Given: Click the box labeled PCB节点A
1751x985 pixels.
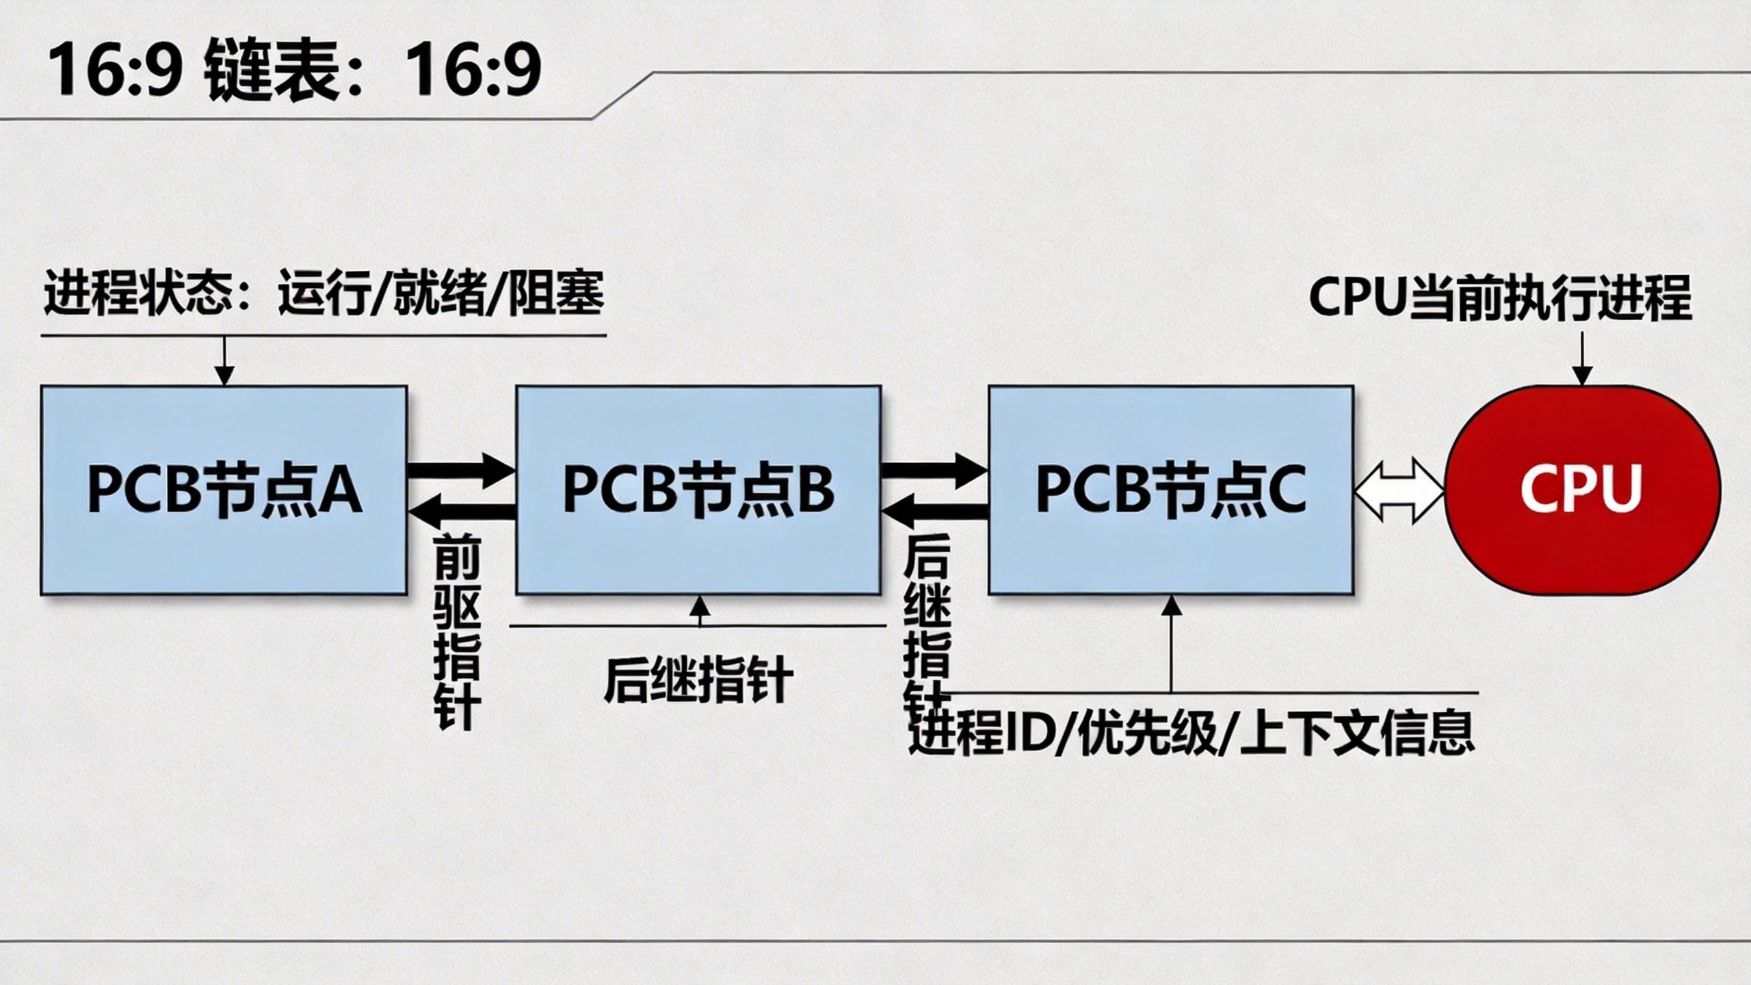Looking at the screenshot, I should coord(224,490).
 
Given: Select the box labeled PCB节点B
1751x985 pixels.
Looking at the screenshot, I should coord(698,490).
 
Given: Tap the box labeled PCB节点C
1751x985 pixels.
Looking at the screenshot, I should coord(1171,490).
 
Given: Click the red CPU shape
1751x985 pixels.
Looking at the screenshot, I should coord(1583,490).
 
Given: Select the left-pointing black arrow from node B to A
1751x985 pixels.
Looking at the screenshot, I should coord(461,510).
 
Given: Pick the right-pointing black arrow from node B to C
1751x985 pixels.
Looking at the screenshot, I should coord(934,471).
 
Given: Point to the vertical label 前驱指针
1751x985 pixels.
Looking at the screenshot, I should coord(457,632).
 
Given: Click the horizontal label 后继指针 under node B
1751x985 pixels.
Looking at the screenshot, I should coord(698,680).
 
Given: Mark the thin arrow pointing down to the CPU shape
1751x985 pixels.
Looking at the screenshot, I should coord(1582,360).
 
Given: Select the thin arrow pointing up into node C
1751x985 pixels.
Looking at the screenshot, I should coord(1172,643).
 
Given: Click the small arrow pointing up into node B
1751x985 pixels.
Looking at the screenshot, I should coord(699,610).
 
